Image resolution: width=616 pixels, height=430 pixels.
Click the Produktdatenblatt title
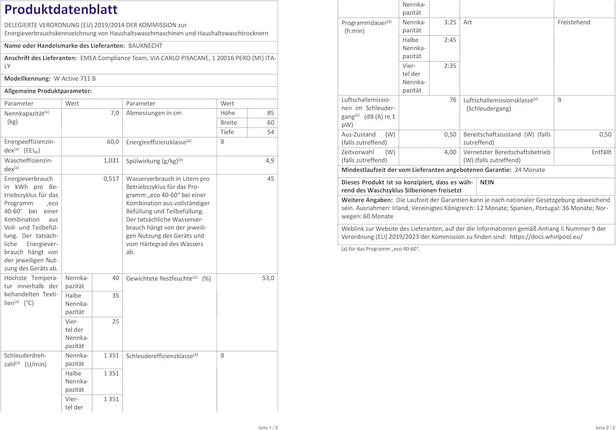coord(61,9)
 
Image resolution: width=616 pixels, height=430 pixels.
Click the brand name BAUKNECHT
coord(145,46)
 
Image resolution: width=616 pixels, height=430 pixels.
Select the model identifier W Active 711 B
coord(75,79)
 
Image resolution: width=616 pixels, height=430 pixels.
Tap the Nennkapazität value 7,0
coord(115,113)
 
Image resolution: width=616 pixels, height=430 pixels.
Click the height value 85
coord(270,113)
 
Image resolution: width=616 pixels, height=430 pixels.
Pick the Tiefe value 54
coord(270,132)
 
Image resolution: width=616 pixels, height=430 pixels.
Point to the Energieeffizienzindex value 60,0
coord(113,142)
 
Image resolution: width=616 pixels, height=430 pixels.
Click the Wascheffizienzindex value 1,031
coord(111,161)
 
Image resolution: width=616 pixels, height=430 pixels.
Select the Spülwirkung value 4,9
coord(270,161)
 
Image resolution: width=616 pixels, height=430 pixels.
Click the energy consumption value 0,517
coord(111,179)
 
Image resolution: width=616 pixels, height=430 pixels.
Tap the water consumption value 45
coord(270,179)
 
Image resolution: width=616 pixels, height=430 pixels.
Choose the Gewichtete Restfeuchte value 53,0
coord(268,278)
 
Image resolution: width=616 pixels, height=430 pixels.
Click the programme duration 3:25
coord(450,23)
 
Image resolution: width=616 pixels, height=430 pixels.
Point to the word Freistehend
coord(574,23)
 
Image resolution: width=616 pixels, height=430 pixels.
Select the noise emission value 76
coord(453,100)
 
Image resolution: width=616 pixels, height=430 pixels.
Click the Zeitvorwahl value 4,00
coord(450,152)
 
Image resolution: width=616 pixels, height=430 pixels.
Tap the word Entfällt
coord(601,152)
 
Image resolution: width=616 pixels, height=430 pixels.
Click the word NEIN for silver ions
coord(487,183)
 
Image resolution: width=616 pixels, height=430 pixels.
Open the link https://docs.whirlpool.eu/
coord(546,237)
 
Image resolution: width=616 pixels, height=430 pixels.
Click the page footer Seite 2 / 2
coord(605,428)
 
